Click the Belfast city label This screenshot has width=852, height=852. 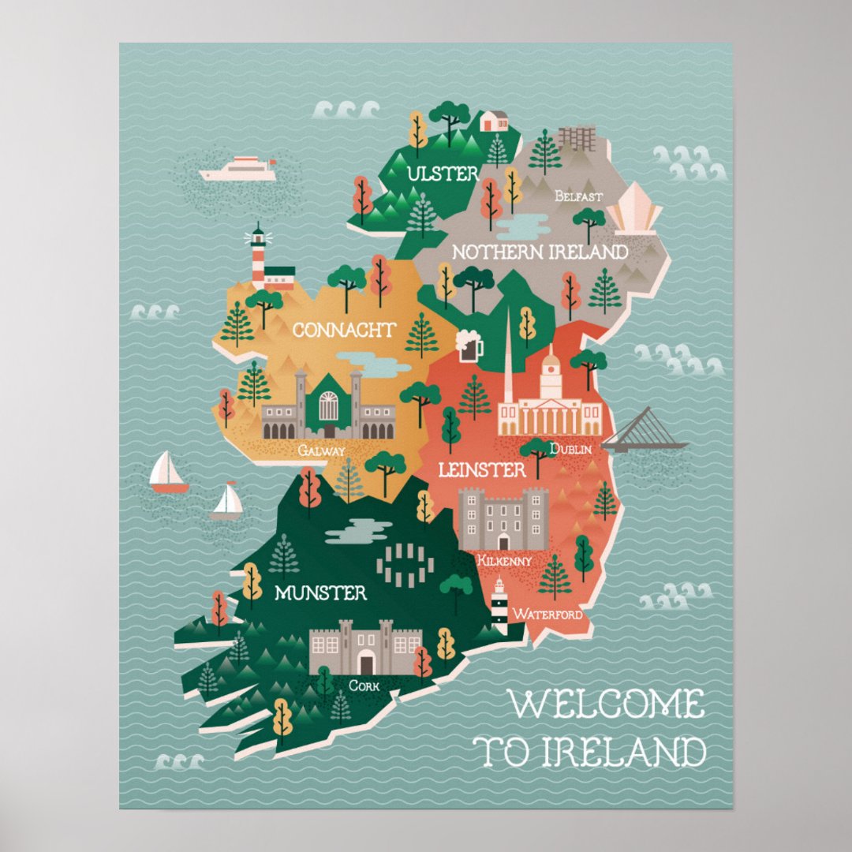click(x=579, y=196)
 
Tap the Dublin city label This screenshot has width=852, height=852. click(x=570, y=448)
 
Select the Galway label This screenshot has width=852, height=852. click(x=321, y=450)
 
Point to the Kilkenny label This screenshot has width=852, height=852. click(x=505, y=560)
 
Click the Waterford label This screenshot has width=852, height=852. click(x=548, y=613)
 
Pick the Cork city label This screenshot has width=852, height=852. click(x=364, y=686)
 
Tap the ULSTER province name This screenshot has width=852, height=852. click(x=443, y=174)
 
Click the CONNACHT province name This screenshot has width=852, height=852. click(x=344, y=330)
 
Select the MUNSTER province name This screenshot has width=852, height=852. click(x=320, y=592)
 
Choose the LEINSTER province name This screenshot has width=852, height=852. click(x=482, y=470)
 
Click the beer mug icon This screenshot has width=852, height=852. click(x=469, y=346)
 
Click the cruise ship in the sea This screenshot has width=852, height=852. click(x=238, y=169)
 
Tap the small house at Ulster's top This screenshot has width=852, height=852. click(x=494, y=121)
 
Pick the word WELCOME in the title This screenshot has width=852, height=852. click(x=605, y=704)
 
